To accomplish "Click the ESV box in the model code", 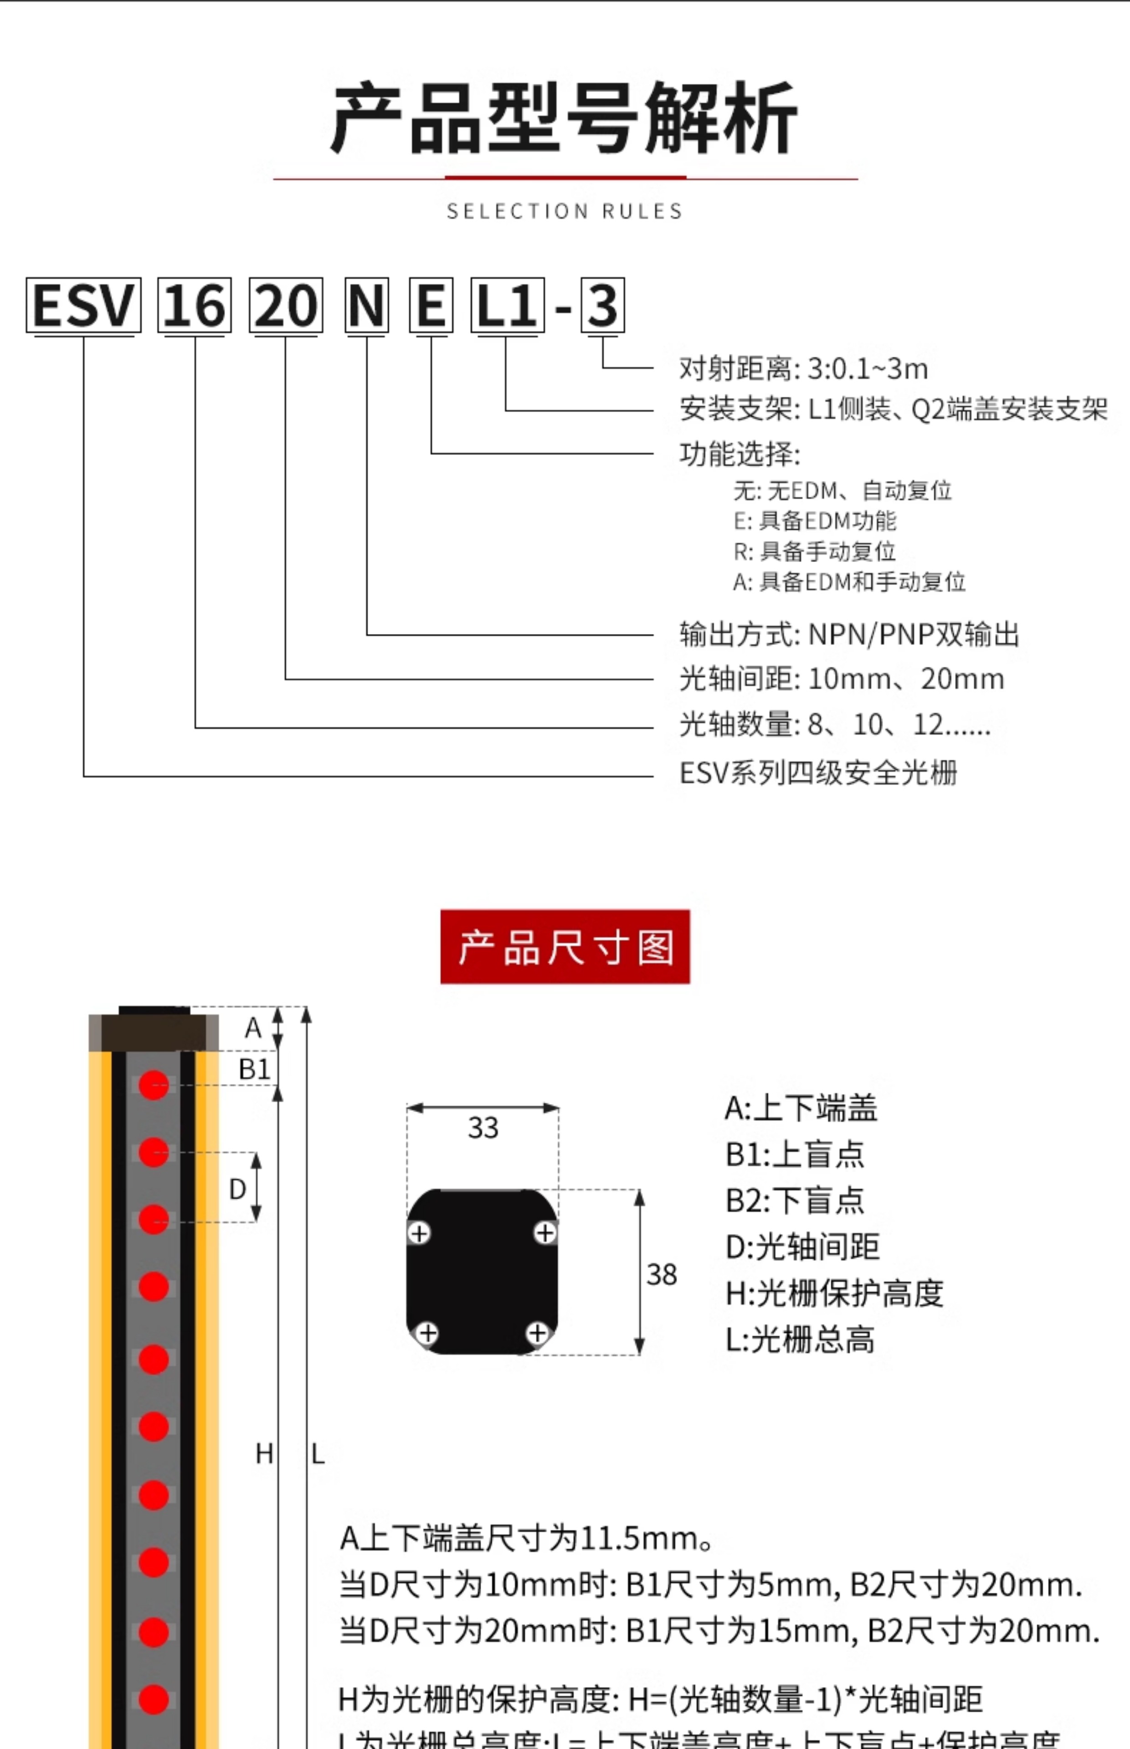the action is point(83,305).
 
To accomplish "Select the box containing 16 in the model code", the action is point(195,305).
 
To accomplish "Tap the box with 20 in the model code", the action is point(285,305).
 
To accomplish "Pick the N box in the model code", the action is point(366,305).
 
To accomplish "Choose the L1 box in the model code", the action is point(507,305).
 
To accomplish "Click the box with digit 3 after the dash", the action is point(602,305).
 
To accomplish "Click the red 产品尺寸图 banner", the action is point(565,947).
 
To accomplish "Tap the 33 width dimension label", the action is point(483,1128).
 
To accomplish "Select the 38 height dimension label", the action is point(661,1274).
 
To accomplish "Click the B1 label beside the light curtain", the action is point(254,1069).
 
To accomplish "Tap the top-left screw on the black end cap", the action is point(419,1233).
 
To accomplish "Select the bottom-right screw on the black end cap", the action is point(537,1332).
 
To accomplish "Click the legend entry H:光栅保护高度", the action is point(834,1294).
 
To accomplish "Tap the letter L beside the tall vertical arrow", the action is point(318,1454).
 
